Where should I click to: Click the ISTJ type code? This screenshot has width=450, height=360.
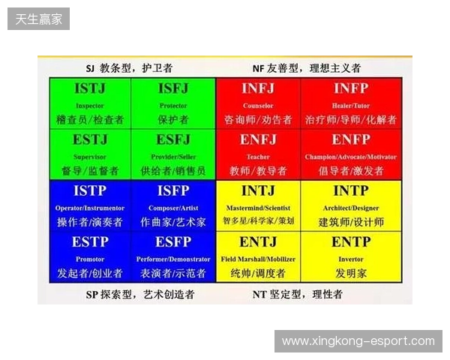[x=90, y=89]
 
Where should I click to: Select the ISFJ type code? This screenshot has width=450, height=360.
[x=173, y=89]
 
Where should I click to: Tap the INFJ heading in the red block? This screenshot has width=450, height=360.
[x=258, y=89]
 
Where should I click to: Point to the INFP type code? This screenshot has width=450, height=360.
[x=343, y=89]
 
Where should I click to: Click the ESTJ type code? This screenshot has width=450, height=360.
[x=90, y=139]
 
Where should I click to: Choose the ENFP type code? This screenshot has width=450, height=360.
[x=343, y=139]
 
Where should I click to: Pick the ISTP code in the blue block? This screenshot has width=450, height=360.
[x=90, y=190]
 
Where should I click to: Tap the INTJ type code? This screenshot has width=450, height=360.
[x=258, y=190]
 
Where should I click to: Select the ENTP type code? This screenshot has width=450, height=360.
[x=343, y=241]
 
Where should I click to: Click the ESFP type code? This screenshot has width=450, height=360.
[x=173, y=241]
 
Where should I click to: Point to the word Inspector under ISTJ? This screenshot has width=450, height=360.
[x=90, y=106]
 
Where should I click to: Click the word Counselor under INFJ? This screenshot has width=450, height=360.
[x=258, y=106]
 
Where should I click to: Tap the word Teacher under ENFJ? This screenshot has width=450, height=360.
[x=258, y=157]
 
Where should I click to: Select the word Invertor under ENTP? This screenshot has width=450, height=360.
[x=343, y=259]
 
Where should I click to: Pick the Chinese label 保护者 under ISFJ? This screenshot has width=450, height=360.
[x=173, y=119]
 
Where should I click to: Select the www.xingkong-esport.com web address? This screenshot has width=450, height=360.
[x=358, y=341]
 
